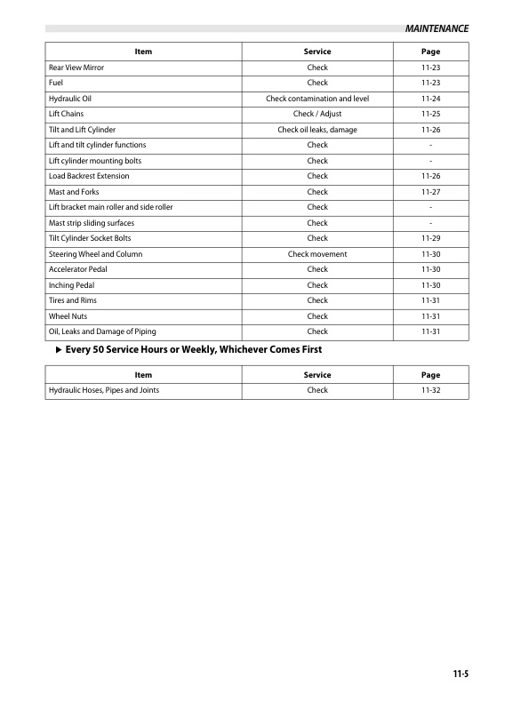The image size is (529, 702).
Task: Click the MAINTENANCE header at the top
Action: pos(437,28)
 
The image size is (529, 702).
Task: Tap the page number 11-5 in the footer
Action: pos(459,674)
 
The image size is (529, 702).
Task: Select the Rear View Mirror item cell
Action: pos(76,68)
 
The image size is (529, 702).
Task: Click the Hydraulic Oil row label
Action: pos(68,99)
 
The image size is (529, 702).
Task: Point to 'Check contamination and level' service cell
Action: pos(317,99)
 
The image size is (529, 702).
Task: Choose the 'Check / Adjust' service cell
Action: pos(317,114)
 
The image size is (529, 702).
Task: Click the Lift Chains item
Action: pos(65,114)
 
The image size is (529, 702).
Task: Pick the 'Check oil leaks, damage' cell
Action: pos(317,130)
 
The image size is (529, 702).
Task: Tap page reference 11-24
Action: pos(430,99)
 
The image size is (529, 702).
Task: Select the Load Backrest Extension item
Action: pos(89,176)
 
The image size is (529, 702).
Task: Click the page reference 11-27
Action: pos(430,192)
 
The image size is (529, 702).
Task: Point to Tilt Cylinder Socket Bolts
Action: pos(90,238)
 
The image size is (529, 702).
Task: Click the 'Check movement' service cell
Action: pos(317,254)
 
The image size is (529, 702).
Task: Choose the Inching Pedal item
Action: pos(71,285)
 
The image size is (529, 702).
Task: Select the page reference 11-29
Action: pos(430,238)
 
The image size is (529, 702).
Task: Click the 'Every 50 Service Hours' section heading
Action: pos(193,350)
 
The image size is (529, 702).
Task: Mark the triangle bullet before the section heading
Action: pos(58,350)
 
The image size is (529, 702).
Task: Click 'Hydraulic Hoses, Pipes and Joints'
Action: pos(104,390)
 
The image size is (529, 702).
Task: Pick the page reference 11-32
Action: pos(430,390)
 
